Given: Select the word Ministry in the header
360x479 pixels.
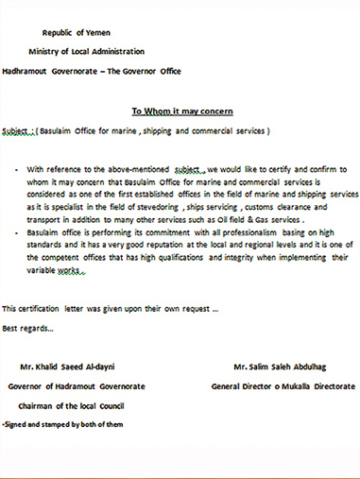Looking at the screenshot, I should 46,51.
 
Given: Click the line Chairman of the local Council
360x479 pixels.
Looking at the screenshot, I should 73,405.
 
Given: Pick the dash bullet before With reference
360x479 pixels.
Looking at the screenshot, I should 16,167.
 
